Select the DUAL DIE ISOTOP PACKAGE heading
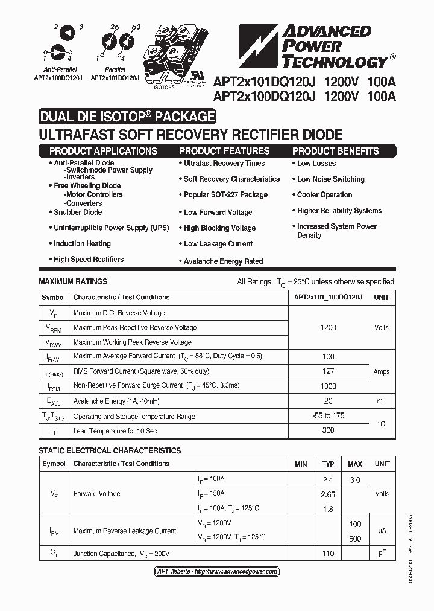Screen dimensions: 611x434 point(127,117)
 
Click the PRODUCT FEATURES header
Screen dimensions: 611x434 point(224,151)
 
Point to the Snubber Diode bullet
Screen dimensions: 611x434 point(78,212)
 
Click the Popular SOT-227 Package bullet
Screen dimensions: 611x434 point(225,195)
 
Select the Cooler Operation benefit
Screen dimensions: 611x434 point(324,195)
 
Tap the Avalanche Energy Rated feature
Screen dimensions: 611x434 point(223,261)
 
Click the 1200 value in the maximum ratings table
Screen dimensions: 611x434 point(329,327)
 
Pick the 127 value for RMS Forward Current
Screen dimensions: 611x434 point(329,372)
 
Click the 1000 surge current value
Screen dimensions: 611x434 point(329,386)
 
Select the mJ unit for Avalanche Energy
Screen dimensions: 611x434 point(382,401)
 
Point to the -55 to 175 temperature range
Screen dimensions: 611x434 point(329,416)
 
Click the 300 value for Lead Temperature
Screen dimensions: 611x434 point(329,430)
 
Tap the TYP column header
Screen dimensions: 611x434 point(328,464)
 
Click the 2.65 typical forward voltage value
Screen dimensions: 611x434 point(328,494)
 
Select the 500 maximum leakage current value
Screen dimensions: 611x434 point(355,539)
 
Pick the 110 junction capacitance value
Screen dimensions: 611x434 point(328,553)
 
